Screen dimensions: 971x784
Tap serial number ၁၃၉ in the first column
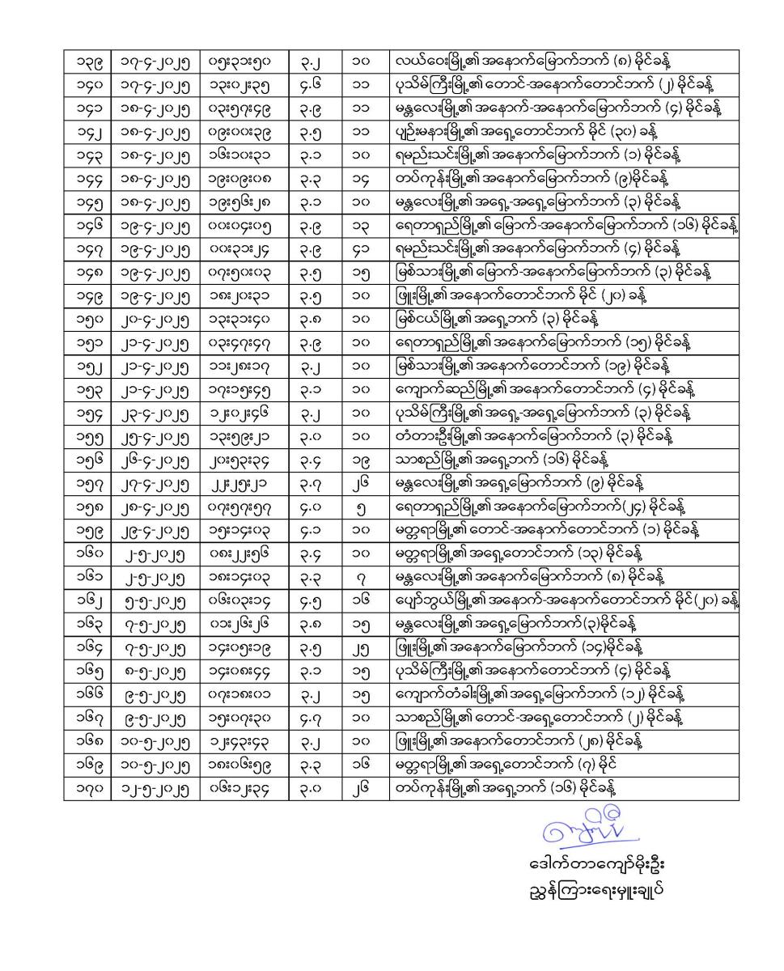87,60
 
